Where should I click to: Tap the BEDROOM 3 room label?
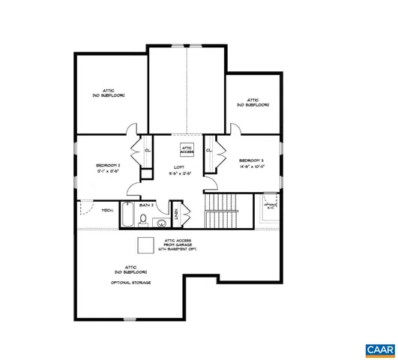tap(250, 160)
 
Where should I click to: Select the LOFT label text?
tap(179, 167)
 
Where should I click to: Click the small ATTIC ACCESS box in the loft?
tap(187, 148)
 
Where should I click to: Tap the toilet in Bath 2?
tap(146, 221)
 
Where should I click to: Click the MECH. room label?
tap(107, 211)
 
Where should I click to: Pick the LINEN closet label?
tap(177, 214)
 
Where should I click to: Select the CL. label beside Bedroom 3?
tap(209, 151)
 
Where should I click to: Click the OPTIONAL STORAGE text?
tap(130, 282)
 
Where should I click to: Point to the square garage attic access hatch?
tap(144, 245)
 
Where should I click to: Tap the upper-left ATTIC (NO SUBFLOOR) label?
tap(108, 92)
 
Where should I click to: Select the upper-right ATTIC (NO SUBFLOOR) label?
tap(253, 103)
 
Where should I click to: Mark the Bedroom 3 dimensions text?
tap(250, 167)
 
